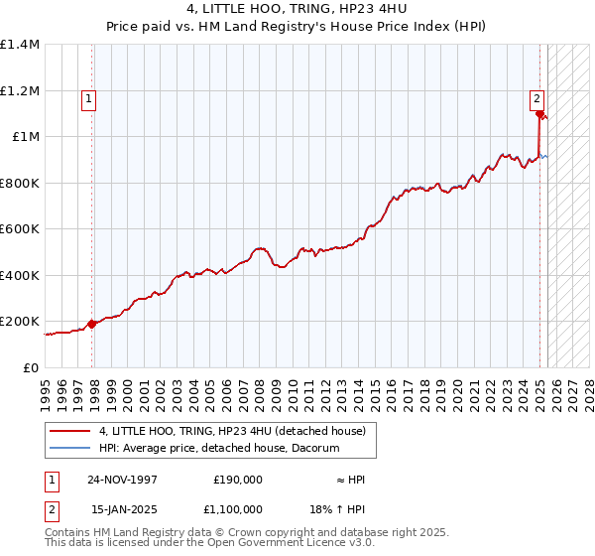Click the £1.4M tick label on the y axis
[x=20, y=45]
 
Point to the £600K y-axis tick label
[x=20, y=229]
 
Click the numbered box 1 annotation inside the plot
[x=89, y=98]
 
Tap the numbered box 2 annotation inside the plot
[x=536, y=98]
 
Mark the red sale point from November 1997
[x=92, y=324]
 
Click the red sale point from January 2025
[x=539, y=114]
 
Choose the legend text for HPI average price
[x=219, y=449]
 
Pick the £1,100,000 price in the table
[x=237, y=509]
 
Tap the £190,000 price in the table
[x=237, y=480]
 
